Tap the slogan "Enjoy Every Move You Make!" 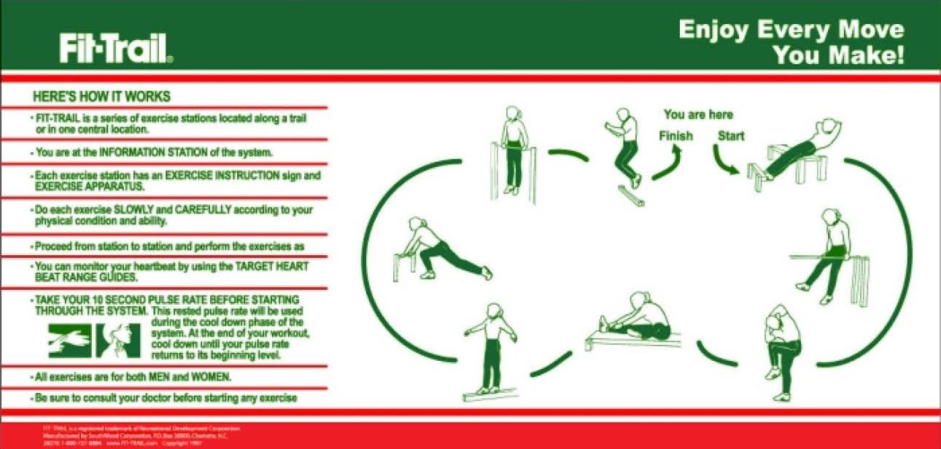791,42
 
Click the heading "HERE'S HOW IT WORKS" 102,96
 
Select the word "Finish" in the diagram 675,136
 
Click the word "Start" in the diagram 731,136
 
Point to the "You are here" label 698,115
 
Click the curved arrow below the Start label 725,160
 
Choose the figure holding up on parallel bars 515,149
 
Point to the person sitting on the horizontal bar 827,255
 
